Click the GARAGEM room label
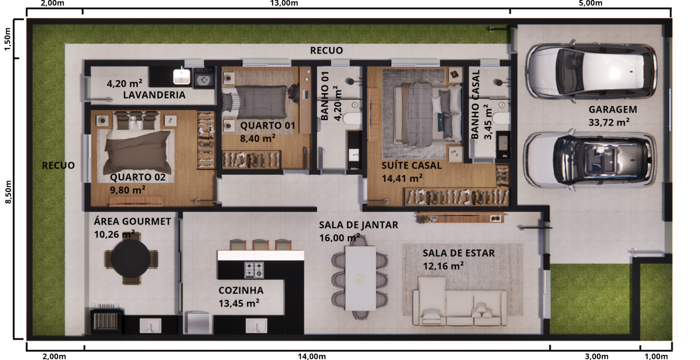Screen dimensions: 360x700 [x=612, y=110]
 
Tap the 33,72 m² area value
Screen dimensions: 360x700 [x=609, y=122]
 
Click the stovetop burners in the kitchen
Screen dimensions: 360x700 [x=254, y=270]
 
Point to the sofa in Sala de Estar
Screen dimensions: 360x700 [x=459, y=302]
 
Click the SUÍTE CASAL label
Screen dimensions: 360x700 [x=411, y=166]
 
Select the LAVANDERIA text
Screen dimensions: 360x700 [x=154, y=95]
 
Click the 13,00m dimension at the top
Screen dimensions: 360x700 [x=284, y=3]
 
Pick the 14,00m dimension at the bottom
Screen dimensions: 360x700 [x=311, y=356]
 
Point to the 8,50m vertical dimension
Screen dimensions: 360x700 [x=8, y=192]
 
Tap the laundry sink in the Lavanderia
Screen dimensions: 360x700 [x=182, y=77]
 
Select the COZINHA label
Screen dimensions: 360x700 [x=241, y=290]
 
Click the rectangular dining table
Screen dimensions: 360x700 [x=360, y=278]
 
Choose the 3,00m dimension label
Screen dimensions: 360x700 [x=596, y=356]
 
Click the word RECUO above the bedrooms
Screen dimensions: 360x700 [x=326, y=51]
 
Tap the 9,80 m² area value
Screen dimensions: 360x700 [x=127, y=190]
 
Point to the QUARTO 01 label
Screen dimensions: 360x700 [x=267, y=126]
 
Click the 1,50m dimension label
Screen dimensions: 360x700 [x=7, y=38]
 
